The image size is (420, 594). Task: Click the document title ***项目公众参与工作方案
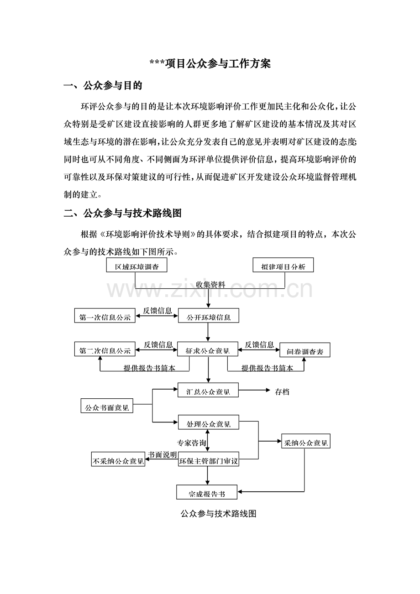click(210, 64)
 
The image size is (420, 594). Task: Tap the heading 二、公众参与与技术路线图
click(123, 213)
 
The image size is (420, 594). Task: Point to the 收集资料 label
click(210, 284)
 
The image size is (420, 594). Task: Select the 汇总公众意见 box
click(208, 391)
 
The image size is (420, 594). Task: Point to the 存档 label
click(282, 391)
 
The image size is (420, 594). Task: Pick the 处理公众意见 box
click(208, 424)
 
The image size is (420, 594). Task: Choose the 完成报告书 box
click(207, 493)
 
